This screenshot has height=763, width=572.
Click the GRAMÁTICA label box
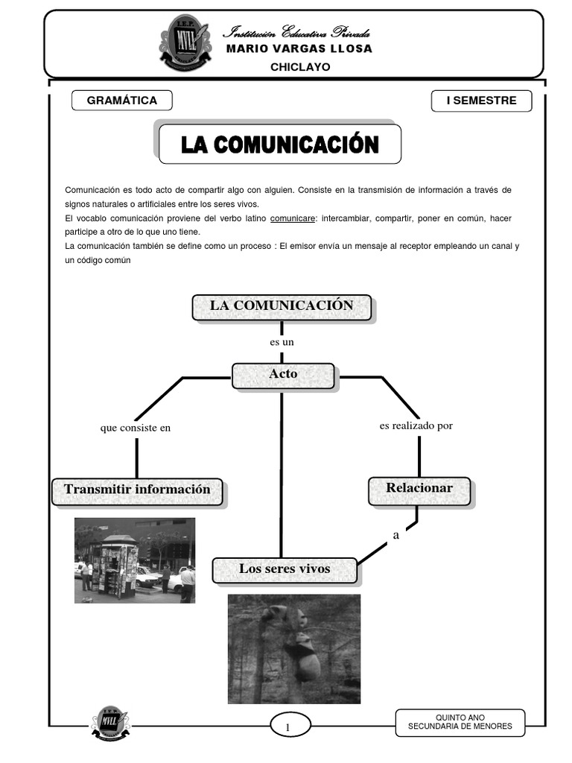point(122,101)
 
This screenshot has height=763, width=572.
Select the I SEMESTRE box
point(481,101)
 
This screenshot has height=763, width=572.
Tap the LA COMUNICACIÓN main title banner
point(280,144)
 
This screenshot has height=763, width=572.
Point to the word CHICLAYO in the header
point(299,67)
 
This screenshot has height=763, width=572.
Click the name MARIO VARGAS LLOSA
point(299,49)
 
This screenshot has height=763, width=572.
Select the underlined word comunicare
point(292,218)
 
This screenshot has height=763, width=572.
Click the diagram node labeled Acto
point(283,375)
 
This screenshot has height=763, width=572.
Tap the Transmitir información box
point(137,490)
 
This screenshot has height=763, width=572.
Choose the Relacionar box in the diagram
point(419,489)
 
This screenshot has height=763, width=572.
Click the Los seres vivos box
point(285,570)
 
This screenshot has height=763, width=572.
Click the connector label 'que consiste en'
point(136,428)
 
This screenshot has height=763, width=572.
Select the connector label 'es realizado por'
point(416,426)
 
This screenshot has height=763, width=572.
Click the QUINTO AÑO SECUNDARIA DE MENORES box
point(460,722)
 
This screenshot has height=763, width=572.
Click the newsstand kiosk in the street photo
point(112,566)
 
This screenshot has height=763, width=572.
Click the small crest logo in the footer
point(109,722)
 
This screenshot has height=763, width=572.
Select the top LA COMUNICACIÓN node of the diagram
point(282,306)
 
